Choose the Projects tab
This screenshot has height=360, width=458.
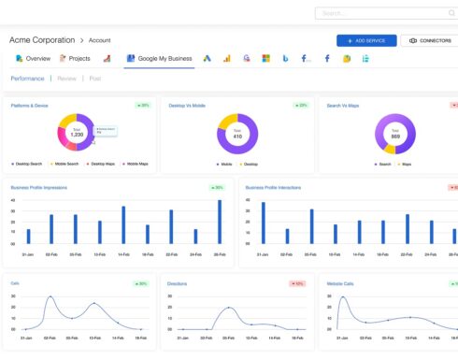[x=76, y=58]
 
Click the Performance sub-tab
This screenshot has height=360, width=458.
[x=27, y=79]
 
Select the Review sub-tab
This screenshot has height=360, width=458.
[x=67, y=79]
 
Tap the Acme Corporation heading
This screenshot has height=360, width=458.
[x=42, y=40]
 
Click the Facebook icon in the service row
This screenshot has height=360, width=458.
[x=327, y=58]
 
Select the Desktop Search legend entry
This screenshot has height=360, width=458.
[x=26, y=164]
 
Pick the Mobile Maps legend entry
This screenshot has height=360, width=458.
[x=131, y=164]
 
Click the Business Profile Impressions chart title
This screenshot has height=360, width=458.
[x=46, y=187]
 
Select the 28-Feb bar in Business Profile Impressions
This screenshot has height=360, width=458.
[x=220, y=223]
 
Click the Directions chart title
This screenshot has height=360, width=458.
[x=178, y=282]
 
